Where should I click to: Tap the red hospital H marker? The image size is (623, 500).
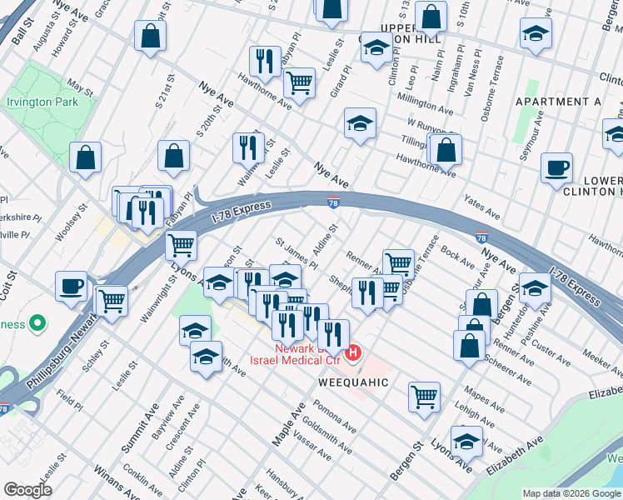(x=353, y=354)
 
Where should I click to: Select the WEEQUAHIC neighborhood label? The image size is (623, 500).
(x=353, y=382)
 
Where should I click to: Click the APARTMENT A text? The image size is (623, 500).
(x=558, y=102)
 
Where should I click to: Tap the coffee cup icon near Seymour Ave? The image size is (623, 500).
(x=556, y=168)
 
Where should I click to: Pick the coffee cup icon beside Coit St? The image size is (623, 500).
(x=72, y=287)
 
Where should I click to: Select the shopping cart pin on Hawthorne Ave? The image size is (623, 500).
(x=298, y=83)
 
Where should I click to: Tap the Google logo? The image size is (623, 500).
(x=27, y=490)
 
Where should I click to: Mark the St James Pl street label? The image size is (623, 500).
(x=297, y=252)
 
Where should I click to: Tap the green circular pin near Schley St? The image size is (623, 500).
(x=37, y=322)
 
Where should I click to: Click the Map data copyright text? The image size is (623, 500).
(x=571, y=493)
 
